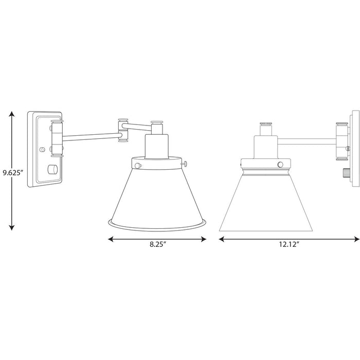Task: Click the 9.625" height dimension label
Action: pyautogui.click(x=12, y=173)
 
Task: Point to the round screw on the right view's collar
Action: pyautogui.click(x=280, y=164)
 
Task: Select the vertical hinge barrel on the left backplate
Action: pyautogui.click(x=57, y=137)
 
